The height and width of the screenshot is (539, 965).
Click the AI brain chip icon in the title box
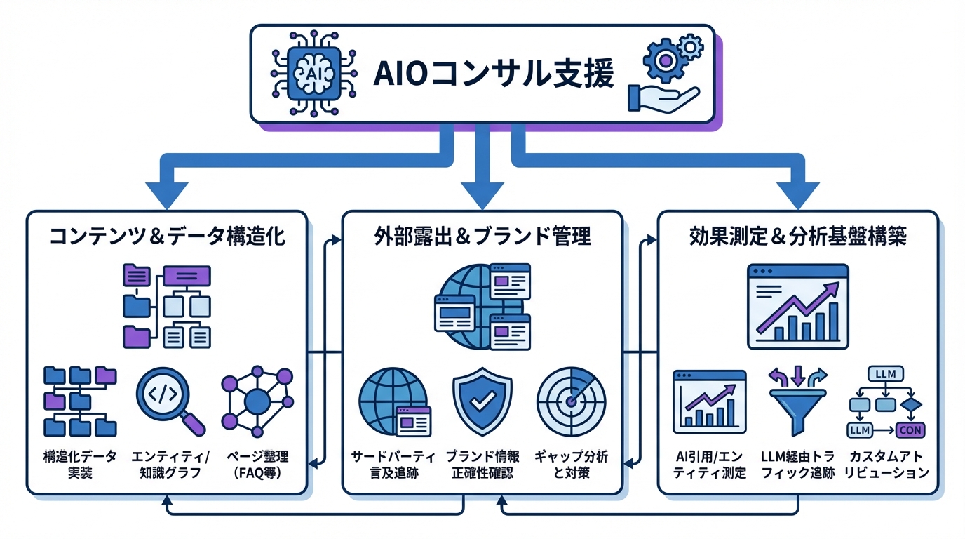coord(312,73)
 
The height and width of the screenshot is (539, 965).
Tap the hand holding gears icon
coord(663,74)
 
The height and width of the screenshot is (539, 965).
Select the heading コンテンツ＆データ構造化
coord(167,236)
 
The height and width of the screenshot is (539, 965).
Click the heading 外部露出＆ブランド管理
coord(482,236)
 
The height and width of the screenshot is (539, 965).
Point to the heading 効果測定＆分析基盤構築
coord(798,236)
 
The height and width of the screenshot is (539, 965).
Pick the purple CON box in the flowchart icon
coord(910,430)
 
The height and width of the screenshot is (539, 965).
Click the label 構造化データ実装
coord(79,465)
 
